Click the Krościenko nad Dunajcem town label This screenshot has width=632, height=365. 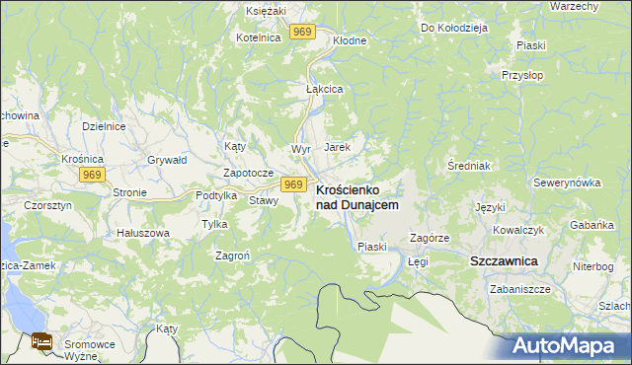tap(356, 196)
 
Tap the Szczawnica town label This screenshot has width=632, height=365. tap(503, 260)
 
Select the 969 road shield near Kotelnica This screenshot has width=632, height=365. tap(303, 33)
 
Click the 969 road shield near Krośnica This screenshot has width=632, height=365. tap(93, 175)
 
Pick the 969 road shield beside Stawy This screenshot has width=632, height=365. tap(292, 184)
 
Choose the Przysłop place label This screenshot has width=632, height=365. tap(523, 75)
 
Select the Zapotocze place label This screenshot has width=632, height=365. tap(247, 172)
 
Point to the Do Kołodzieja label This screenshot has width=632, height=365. tap(454, 28)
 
